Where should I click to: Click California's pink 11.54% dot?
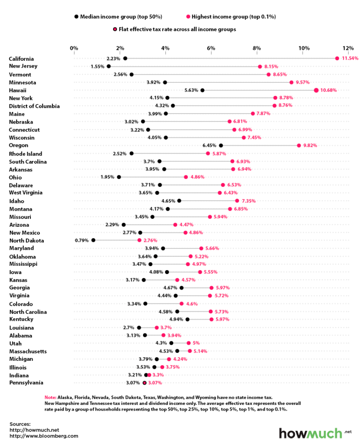point(337,59)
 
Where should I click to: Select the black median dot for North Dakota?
point(93,240)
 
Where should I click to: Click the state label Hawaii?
point(18,90)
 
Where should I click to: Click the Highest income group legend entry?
point(231,16)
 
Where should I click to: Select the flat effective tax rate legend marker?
point(114,29)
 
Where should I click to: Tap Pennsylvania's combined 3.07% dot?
point(145,383)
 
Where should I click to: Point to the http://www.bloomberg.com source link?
point(44,435)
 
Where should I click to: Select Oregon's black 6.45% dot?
point(221,146)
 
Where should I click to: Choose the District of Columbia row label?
point(40,106)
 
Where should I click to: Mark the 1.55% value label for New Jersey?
point(97,66)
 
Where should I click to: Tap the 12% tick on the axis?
point(348,48)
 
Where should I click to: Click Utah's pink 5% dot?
point(188,343)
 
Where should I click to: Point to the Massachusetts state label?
point(28,351)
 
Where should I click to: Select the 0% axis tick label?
point(74,48)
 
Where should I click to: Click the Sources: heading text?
point(20,423)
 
